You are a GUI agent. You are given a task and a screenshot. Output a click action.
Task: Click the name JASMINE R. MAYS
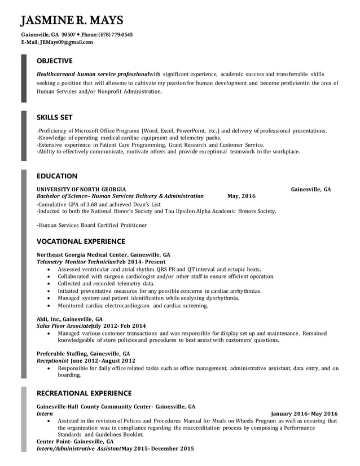(72, 21)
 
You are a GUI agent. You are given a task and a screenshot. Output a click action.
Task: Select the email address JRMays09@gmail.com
(64, 42)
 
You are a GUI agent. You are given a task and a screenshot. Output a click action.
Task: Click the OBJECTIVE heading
(54, 61)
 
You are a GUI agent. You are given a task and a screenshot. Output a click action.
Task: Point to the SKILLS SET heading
(54, 117)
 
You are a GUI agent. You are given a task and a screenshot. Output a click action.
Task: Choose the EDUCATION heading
(57, 176)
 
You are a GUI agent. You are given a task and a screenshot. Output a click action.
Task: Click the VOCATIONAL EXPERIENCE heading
(81, 241)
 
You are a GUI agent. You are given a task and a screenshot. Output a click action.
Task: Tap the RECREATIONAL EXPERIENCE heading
(84, 393)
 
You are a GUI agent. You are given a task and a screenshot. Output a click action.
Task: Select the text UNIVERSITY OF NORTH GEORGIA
(81, 190)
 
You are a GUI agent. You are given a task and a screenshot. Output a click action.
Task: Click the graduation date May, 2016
(242, 196)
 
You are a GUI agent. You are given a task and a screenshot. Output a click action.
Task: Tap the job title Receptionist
(52, 361)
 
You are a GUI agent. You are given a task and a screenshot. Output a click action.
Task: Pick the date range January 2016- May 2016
(304, 414)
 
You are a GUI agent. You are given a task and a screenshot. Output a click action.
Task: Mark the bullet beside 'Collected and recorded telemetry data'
(50, 284)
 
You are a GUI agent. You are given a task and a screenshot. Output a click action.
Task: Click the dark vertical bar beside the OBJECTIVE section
(24, 78)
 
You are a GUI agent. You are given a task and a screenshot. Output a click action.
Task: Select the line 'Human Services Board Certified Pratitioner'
(92, 225)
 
